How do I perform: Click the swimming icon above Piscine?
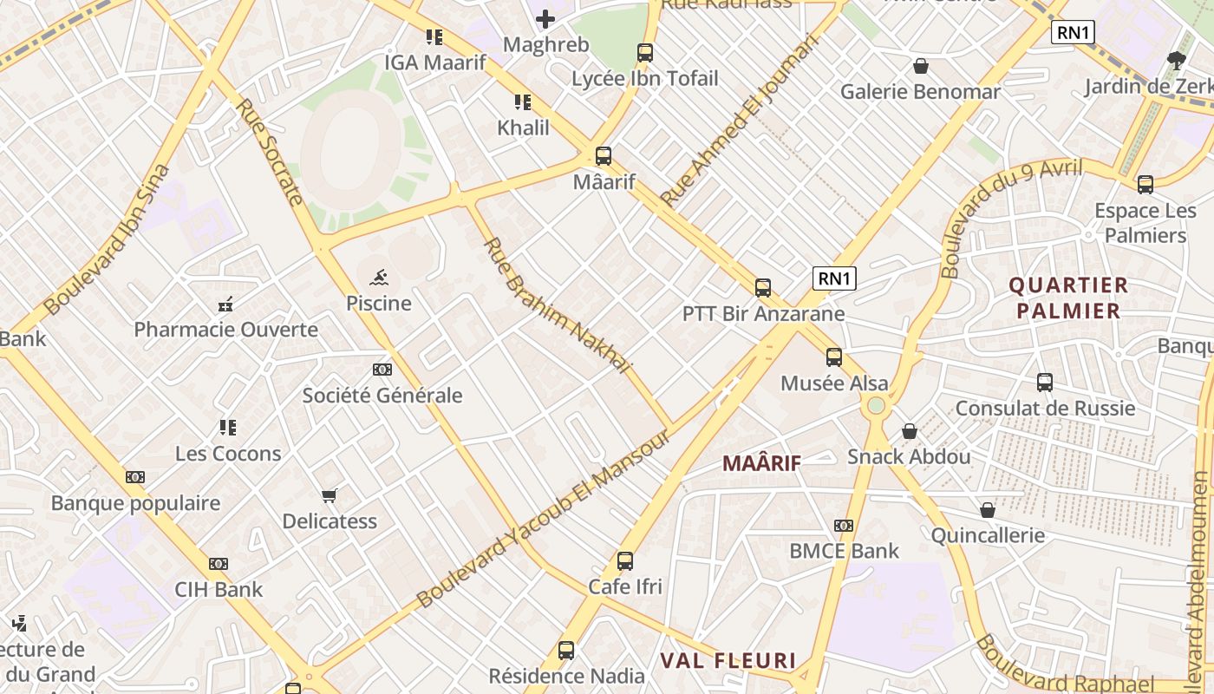pyautogui.click(x=378, y=278)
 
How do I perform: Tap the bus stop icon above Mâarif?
pyautogui.click(x=604, y=156)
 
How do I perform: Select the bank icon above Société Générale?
pyautogui.click(x=382, y=370)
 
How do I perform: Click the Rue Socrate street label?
pyautogui.click(x=269, y=152)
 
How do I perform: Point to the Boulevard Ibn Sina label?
pyautogui.click(x=106, y=239)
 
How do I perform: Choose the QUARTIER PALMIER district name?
pyautogui.click(x=1068, y=298)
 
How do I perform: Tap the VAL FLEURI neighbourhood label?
pyautogui.click(x=728, y=661)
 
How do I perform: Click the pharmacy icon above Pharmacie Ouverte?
pyautogui.click(x=225, y=304)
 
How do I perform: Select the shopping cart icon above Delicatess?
pyautogui.click(x=329, y=496)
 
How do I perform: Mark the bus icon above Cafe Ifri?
pyautogui.click(x=625, y=561)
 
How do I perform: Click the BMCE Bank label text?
pyautogui.click(x=844, y=551)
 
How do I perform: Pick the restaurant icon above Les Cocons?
pyautogui.click(x=228, y=428)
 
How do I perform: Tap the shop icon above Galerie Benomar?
pyautogui.click(x=921, y=66)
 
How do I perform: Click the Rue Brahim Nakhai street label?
pyautogui.click(x=557, y=304)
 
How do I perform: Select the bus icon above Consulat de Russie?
pyautogui.click(x=1045, y=383)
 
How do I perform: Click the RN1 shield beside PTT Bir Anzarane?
pyautogui.click(x=834, y=278)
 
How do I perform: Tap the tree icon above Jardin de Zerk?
pyautogui.click(x=1177, y=61)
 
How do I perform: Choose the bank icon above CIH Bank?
pyautogui.click(x=219, y=564)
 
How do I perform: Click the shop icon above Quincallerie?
pyautogui.click(x=988, y=510)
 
